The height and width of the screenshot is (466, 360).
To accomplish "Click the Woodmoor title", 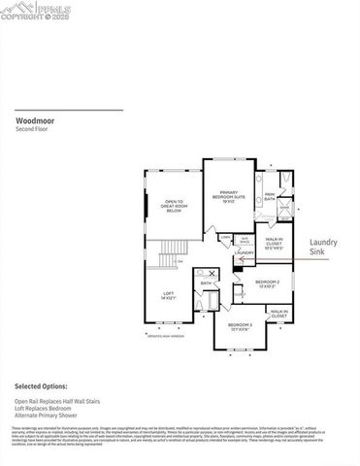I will tap(35, 121).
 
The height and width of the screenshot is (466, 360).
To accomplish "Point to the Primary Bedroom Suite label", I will tap(228, 196).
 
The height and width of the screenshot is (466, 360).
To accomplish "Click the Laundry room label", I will tap(245, 252).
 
